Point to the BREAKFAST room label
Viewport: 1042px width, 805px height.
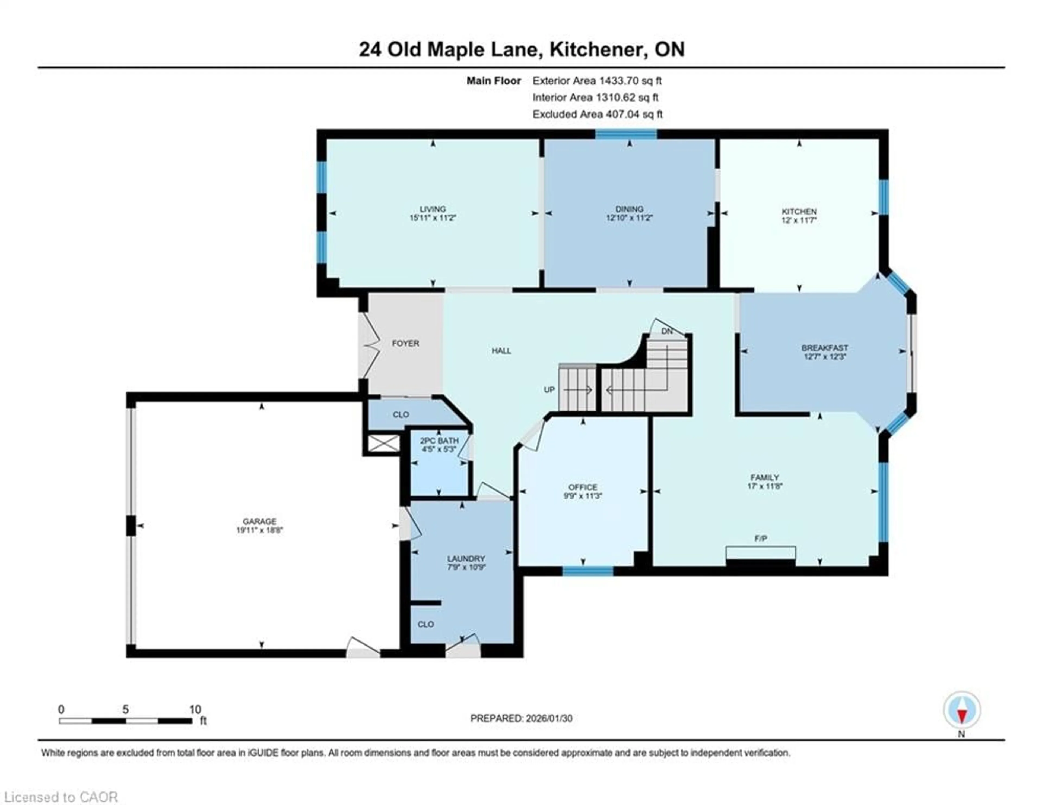pyautogui.click(x=824, y=348)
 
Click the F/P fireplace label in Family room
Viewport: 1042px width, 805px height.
pyautogui.click(x=761, y=539)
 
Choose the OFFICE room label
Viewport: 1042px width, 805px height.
pyautogui.click(x=583, y=487)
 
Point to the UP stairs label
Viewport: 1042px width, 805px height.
pyautogui.click(x=549, y=390)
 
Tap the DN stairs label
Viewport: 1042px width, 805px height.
pyautogui.click(x=666, y=331)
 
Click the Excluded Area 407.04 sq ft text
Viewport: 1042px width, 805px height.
pyautogui.click(x=597, y=114)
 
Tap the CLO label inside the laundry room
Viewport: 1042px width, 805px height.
pyautogui.click(x=425, y=624)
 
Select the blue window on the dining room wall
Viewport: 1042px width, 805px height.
pyautogui.click(x=626, y=134)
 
